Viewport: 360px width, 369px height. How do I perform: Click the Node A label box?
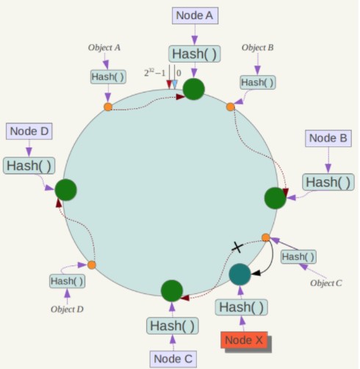195,15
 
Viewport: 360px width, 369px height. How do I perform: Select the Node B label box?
328,138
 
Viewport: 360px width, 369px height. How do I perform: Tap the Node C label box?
173,359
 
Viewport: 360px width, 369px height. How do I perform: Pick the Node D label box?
29,132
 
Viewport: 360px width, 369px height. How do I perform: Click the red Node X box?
244,340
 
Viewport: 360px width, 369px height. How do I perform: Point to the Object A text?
104,48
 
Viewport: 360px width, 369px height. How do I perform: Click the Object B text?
258,48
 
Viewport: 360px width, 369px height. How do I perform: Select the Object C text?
326,283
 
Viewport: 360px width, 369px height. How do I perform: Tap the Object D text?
67,309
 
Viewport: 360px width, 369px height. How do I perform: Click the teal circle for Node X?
240,274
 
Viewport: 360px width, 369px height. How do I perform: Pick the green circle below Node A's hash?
194,89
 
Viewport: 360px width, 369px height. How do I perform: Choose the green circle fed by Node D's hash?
65,190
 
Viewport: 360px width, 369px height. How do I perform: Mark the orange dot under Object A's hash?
108,107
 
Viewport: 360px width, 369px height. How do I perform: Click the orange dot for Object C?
266,237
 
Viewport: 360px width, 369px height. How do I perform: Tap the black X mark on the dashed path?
237,247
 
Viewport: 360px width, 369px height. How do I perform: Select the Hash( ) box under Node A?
195,54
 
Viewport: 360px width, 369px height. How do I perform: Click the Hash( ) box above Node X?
242,307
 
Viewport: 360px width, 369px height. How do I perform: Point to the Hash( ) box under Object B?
258,82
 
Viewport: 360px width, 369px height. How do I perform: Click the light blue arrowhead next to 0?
175,85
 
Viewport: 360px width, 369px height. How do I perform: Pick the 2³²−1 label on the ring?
155,73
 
